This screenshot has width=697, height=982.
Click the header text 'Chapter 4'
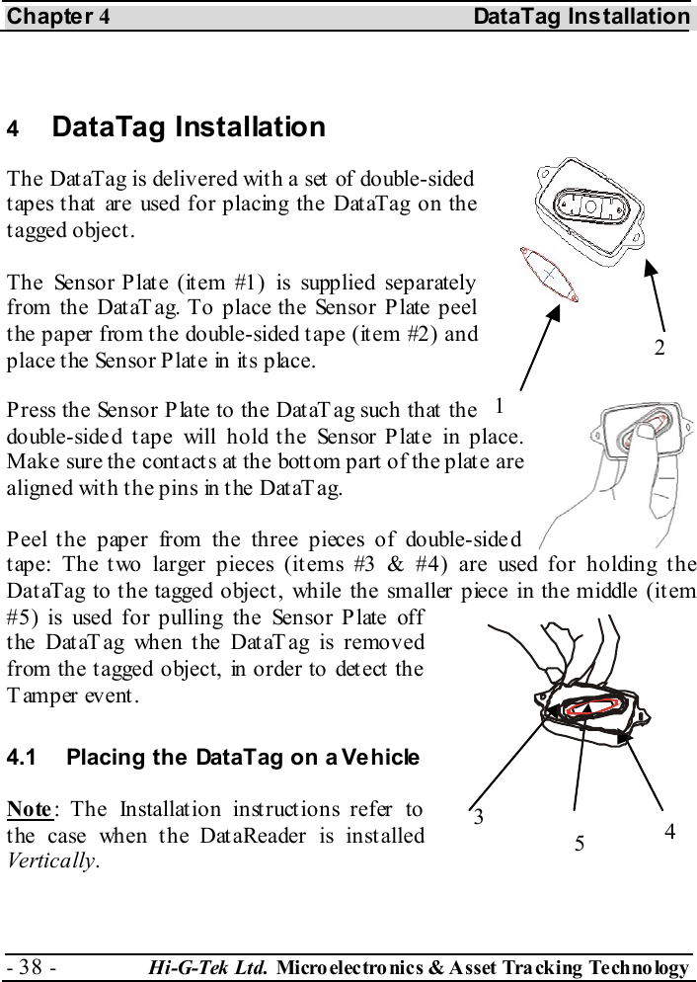(55, 17)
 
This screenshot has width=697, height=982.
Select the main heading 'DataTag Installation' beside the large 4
(188, 127)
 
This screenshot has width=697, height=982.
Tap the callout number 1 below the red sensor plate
(500, 405)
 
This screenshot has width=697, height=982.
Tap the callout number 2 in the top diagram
(658, 347)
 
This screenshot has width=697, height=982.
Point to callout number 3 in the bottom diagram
(479, 817)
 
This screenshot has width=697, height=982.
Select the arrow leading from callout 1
(538, 349)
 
